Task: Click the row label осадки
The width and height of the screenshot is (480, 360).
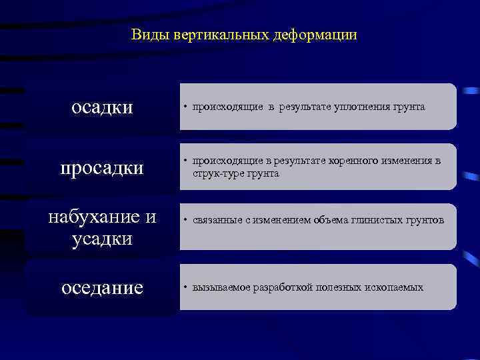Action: [102, 107]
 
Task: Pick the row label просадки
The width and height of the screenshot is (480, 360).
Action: [102, 167]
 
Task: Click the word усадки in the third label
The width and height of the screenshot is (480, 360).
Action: [102, 238]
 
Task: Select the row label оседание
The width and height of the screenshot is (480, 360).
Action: [102, 287]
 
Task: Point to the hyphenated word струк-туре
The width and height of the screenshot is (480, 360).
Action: [215, 173]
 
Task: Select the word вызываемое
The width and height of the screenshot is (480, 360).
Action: [221, 287]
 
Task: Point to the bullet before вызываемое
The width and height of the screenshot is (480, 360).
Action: [186, 287]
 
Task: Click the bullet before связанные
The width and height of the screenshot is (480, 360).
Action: [186, 221]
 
